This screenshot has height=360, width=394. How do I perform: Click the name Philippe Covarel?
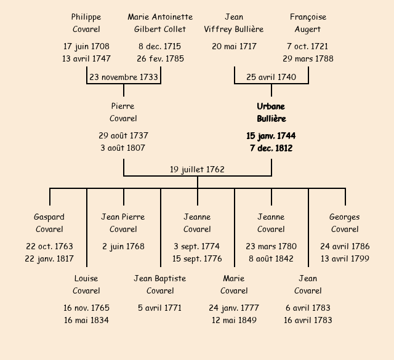pos(86,23)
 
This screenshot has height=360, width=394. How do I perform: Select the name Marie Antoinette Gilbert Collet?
pos(160,23)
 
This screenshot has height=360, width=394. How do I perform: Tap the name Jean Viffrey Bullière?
pos(234,23)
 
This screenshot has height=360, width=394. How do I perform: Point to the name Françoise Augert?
pos(308,23)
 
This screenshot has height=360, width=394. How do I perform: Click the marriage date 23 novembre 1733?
pos(124,77)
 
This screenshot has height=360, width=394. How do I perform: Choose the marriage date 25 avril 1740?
pos(271,77)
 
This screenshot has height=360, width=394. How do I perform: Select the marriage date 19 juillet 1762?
pos(197,169)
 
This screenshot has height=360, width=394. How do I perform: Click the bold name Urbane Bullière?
pos(271,113)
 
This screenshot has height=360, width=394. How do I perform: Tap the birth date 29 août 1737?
pos(123,135)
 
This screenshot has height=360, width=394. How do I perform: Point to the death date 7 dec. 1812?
pos(271,148)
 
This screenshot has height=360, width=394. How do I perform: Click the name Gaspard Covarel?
pos(49,223)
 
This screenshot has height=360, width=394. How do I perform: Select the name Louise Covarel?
pos(86,284)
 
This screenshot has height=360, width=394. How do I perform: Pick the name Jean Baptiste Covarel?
pos(160,284)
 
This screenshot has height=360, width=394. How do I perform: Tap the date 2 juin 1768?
pos(123,246)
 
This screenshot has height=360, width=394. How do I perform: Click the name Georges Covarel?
pos(345,223)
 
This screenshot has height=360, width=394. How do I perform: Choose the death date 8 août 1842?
pos(271,258)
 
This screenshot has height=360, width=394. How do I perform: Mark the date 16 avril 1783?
pos(308,320)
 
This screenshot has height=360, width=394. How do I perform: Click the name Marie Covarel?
pos(234,284)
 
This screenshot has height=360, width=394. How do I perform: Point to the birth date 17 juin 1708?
pos(86,46)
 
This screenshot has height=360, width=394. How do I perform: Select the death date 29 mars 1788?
pos(308,58)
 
